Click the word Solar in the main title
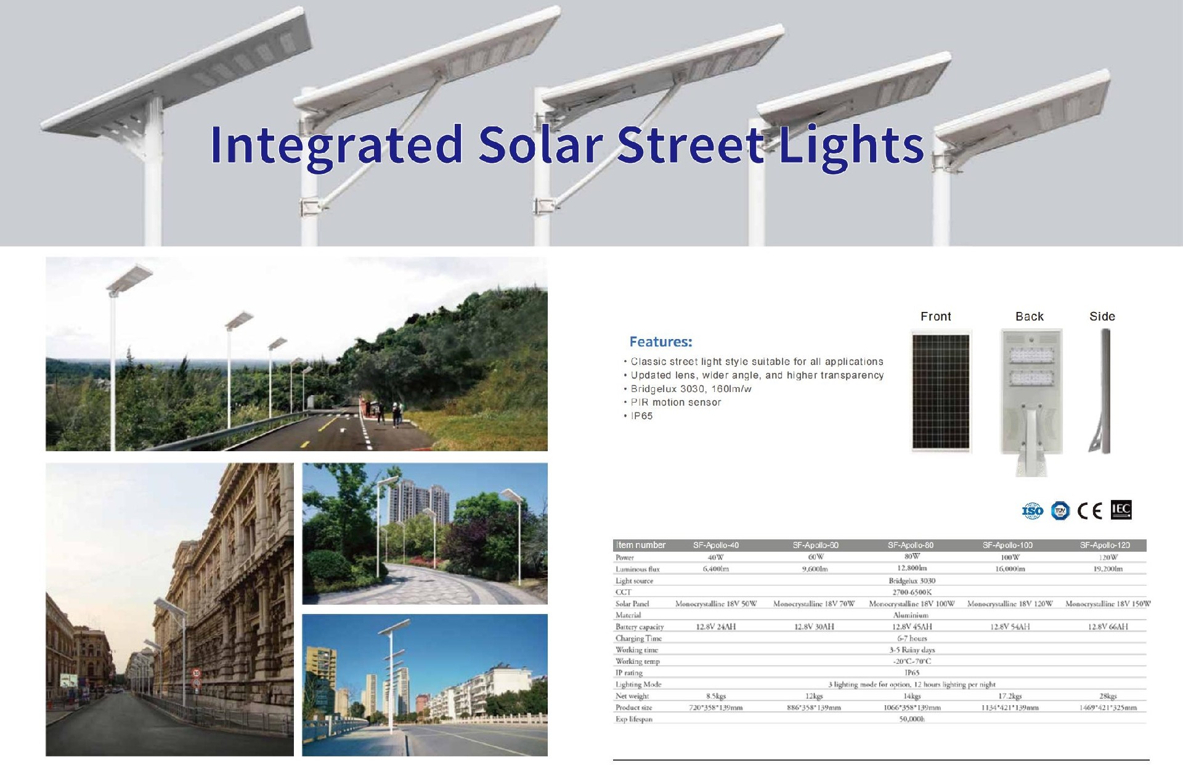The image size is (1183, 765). tap(540, 145)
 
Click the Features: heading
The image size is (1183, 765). tap(661, 342)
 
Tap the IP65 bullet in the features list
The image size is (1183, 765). tap(641, 416)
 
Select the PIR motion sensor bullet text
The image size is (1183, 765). tap(675, 403)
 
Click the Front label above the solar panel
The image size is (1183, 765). tap(935, 316)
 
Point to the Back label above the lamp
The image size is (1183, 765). tap(1029, 316)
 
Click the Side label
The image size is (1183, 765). tap(1102, 316)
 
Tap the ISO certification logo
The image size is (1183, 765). tap(1033, 510)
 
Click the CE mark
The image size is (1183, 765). tap(1089, 511)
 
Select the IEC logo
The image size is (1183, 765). tap(1121, 510)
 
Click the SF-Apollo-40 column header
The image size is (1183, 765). tap(715, 545)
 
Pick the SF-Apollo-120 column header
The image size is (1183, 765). tap(1105, 545)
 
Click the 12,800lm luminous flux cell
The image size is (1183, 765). tap(911, 568)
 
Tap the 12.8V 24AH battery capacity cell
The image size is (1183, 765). tap(715, 626)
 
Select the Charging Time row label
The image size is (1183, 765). tap(638, 638)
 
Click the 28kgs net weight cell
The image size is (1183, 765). tap(1107, 696)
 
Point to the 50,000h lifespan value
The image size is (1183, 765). tap(911, 719)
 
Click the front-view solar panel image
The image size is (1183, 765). tap(940, 391)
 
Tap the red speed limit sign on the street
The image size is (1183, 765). tap(197, 673)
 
